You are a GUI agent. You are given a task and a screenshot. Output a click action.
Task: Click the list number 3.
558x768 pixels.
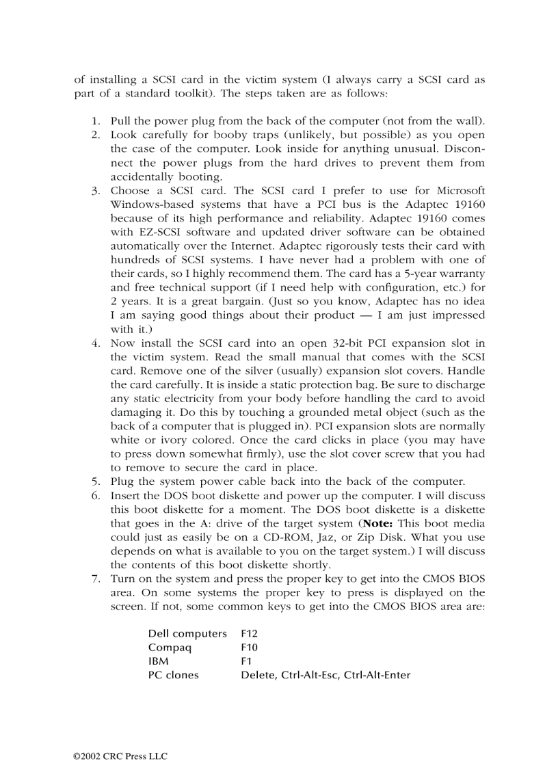tap(96, 190)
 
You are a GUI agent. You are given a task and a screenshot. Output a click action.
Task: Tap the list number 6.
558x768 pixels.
tap(96, 495)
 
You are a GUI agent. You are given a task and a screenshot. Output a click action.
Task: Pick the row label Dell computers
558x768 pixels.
tap(187, 633)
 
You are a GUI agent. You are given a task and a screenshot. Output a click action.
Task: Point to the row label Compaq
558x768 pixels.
tap(170, 647)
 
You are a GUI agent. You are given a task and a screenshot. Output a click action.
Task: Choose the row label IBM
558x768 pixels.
tap(158, 661)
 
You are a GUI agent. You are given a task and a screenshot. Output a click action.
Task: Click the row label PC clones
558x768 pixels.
tap(173, 674)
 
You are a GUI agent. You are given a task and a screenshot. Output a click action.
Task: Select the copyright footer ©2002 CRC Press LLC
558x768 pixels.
tap(120, 756)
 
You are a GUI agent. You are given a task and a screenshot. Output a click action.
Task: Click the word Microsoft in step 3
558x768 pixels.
tap(460, 190)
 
